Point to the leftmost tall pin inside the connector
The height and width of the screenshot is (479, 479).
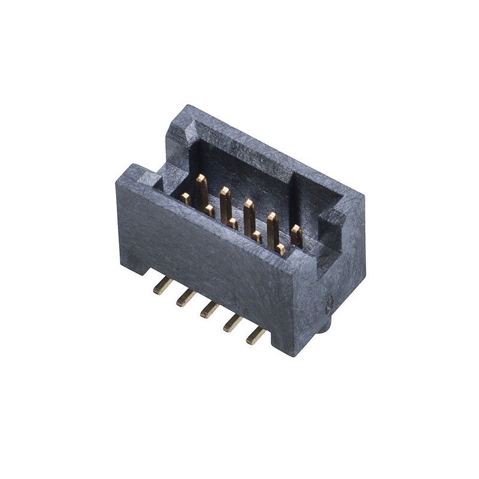[x=202, y=189]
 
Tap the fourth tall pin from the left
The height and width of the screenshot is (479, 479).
[x=272, y=226]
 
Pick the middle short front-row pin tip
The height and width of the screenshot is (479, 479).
[x=232, y=224]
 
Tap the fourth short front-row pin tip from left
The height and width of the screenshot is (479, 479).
[x=256, y=237]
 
